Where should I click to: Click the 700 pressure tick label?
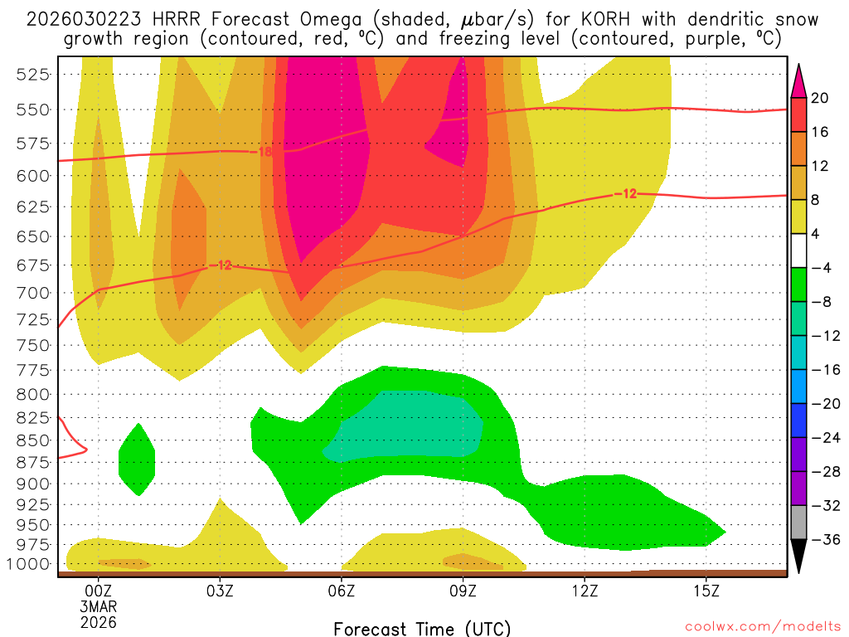click(33, 293)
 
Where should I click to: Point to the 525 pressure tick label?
click(33, 75)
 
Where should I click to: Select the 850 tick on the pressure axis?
click(33, 440)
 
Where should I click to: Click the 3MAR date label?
click(99, 606)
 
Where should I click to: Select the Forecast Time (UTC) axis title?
click(422, 628)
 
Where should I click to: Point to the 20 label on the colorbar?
click(821, 98)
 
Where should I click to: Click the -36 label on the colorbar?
click(823, 539)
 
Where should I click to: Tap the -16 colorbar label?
click(823, 371)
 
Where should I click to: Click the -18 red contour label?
click(264, 152)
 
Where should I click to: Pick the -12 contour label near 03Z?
click(222, 265)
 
